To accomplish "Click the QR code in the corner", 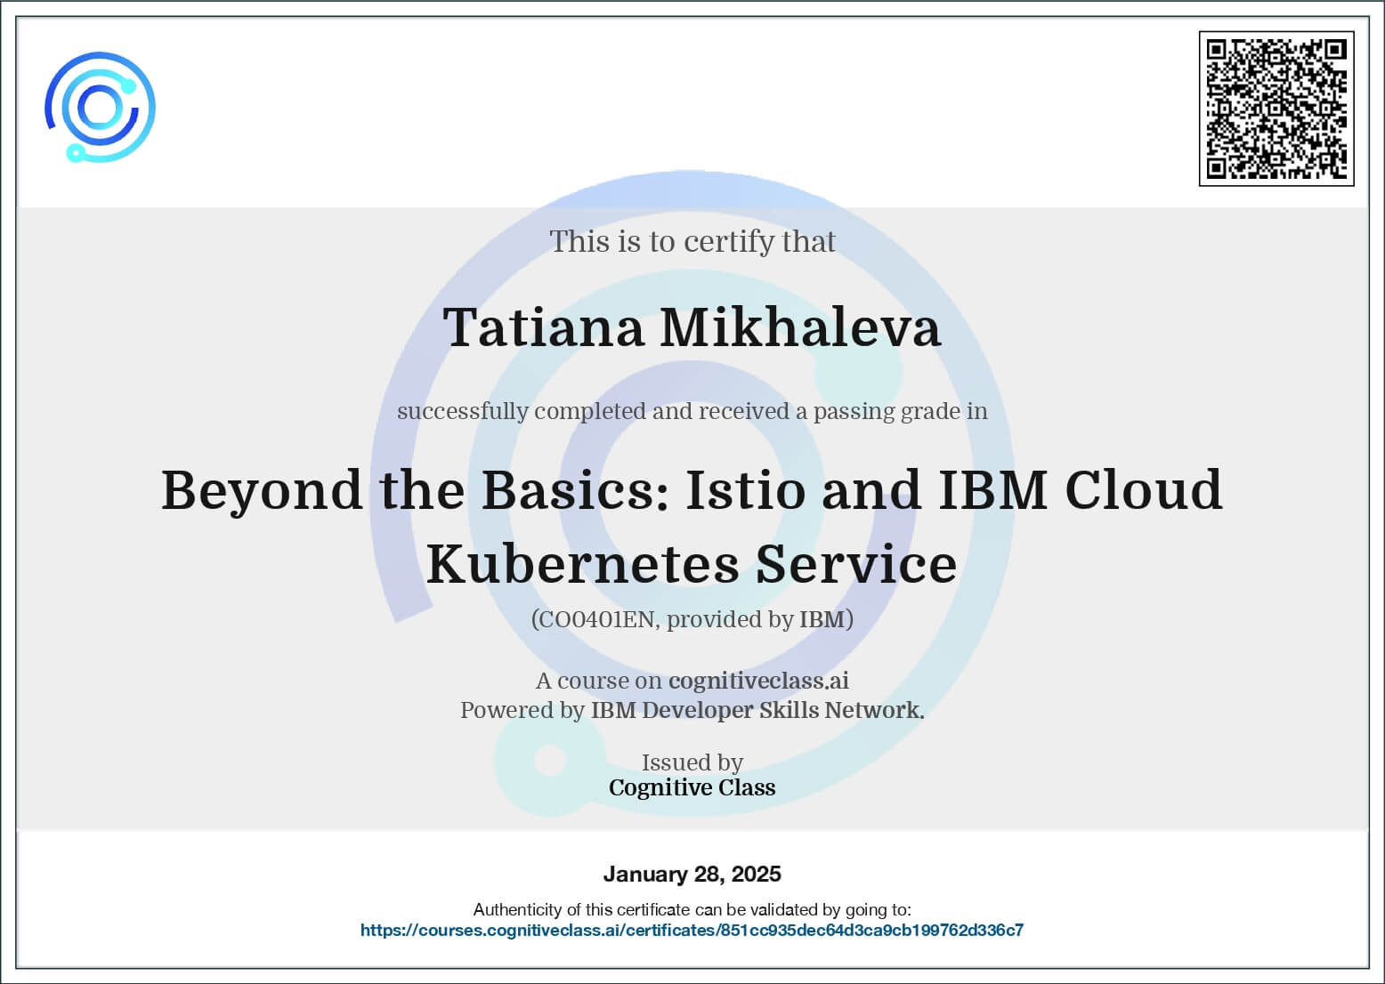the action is pos(1276,109).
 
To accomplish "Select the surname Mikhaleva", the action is pos(801,327).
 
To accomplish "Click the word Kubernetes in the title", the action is pos(582,564).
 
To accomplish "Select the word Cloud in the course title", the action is pos(1143,489).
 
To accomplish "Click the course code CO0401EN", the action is pos(596,618).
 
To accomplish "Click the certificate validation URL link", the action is pos(692,930).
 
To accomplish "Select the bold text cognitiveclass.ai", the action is pos(758,681).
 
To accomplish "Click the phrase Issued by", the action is pos(692,762).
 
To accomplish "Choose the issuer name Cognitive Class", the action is pos(692,787).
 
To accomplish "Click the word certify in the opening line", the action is pos(728,242).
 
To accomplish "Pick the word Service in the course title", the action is pos(856,564).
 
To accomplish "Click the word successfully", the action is pos(463,412).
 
